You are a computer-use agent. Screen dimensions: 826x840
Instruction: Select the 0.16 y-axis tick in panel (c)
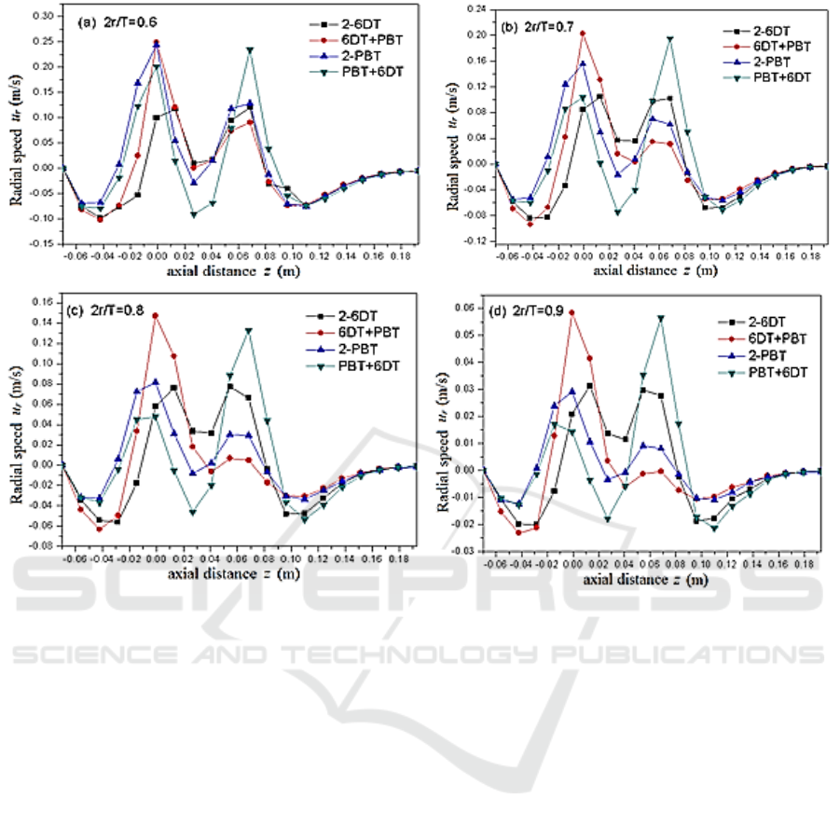pyautogui.click(x=42, y=302)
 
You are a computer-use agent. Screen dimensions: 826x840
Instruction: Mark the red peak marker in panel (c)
pyautogui.click(x=156, y=315)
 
